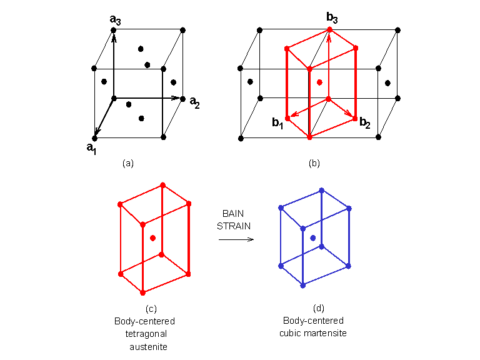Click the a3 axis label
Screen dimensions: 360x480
(x=115, y=21)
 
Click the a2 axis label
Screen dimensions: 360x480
(x=195, y=102)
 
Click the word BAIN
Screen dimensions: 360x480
(x=233, y=213)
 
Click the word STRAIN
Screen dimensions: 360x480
(x=233, y=226)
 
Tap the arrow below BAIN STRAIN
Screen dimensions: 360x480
(x=236, y=239)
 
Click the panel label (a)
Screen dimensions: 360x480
(x=128, y=163)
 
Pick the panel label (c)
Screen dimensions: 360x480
(x=151, y=309)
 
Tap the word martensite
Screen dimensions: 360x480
(x=324, y=333)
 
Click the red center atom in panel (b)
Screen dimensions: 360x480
(x=319, y=82)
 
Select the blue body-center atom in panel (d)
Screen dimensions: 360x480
(x=312, y=238)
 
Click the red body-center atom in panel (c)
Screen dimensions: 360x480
(x=152, y=237)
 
